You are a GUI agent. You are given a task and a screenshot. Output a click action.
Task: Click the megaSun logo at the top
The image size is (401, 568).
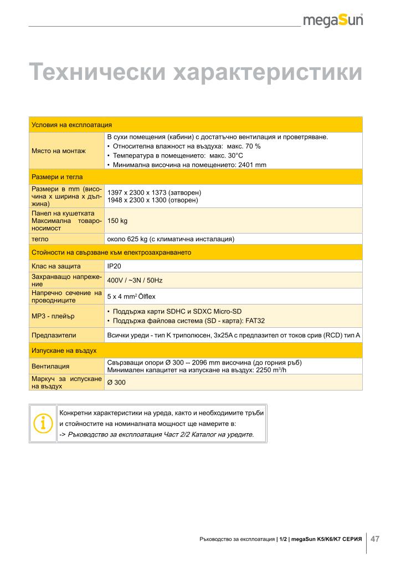pyautogui.click(x=333, y=21)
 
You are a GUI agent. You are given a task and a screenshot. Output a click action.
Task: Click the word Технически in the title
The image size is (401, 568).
pyautogui.click(x=97, y=73)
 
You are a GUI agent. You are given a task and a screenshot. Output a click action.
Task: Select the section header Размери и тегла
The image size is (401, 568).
pyautogui.click(x=58, y=177)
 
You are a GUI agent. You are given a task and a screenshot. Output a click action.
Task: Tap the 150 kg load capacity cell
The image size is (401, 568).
pyautogui.click(x=117, y=221)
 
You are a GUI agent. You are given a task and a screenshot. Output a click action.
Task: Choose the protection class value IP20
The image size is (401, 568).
pyautogui.click(x=114, y=267)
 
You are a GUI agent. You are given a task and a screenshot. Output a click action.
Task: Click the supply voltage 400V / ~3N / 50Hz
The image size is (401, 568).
pyautogui.click(x=135, y=281)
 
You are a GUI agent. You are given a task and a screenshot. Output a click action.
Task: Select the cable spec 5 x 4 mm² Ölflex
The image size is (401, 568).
pyautogui.click(x=131, y=296)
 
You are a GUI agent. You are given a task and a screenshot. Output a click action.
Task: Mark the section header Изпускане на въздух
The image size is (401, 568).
pyautogui.click(x=65, y=351)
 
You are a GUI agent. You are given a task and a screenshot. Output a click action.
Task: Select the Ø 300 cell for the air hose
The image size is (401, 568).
pyautogui.click(x=116, y=382)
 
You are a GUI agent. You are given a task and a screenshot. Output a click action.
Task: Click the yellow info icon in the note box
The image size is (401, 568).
pyautogui.click(x=43, y=423)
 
